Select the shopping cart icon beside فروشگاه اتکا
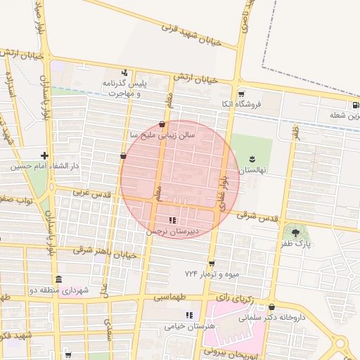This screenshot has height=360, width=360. [241, 94]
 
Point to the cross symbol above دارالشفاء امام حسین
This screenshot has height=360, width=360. [44, 155]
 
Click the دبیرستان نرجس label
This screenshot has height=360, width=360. [173, 231]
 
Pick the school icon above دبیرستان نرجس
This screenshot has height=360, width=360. [173, 220]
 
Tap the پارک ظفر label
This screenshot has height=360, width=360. [296, 243]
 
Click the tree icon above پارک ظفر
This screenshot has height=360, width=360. [295, 232]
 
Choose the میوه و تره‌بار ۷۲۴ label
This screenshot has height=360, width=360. [212, 273]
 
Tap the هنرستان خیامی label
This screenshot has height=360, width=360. [188, 326]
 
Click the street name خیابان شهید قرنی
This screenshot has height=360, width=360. [191, 35]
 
